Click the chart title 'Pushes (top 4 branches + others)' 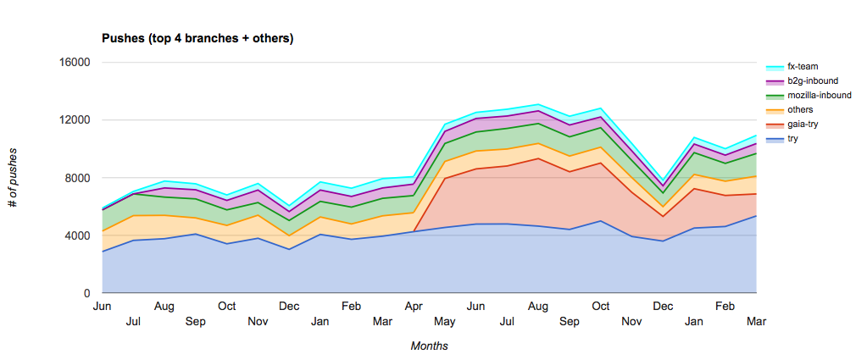pos(197,38)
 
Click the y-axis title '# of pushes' pos(13,178)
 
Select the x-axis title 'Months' pos(429,346)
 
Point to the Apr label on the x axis pos(414,306)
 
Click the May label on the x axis pos(444,321)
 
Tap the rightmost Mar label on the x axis pos(756,321)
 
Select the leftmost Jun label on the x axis pos(103,306)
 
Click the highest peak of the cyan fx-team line pos(537,104)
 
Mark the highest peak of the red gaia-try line pos(537,158)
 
